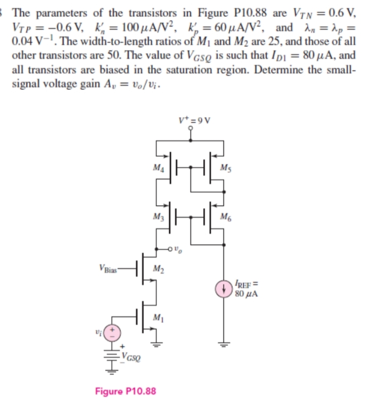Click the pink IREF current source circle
pos(224,288)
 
